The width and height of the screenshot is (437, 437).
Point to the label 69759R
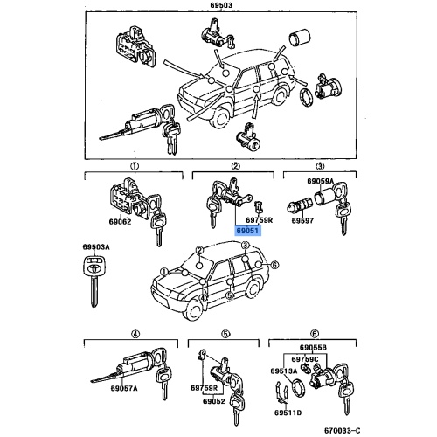[260, 219]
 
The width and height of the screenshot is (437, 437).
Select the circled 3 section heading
[320, 166]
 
